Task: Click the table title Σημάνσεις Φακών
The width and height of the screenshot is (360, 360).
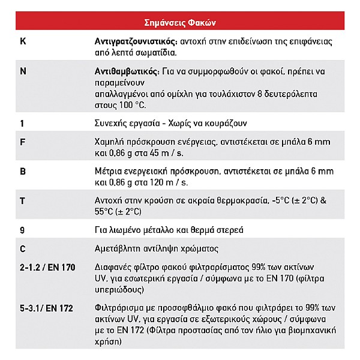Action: [180, 23]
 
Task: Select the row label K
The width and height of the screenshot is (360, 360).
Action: [23, 43]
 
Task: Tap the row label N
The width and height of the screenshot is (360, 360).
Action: [23, 71]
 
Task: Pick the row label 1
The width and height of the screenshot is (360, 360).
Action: [22, 123]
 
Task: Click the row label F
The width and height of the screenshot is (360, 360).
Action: [23, 143]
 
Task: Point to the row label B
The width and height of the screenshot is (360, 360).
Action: [23, 172]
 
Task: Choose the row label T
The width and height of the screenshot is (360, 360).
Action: [23, 200]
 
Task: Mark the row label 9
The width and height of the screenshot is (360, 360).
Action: [22, 230]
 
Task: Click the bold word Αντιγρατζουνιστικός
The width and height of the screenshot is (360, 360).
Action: [136, 43]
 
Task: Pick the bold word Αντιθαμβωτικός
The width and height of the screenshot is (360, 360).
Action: [126, 71]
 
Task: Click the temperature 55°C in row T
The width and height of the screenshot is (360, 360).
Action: [105, 211]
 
